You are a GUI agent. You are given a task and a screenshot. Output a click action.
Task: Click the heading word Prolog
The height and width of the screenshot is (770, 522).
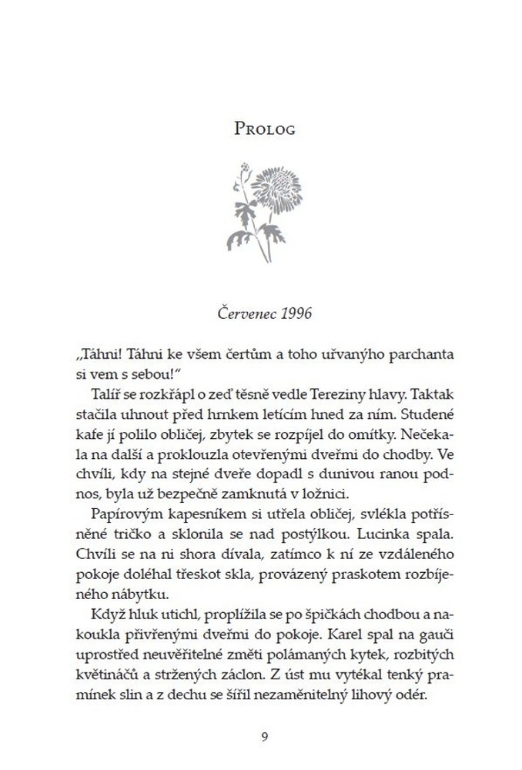tap(264, 128)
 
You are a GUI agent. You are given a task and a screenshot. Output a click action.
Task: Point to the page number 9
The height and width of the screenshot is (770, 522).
tap(264, 735)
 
